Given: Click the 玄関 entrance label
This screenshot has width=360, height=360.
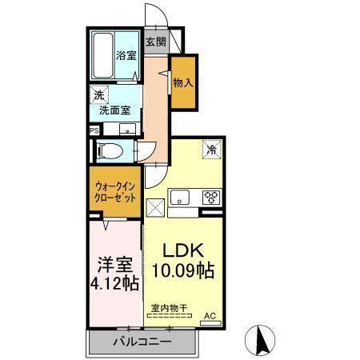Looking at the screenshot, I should point(155,42).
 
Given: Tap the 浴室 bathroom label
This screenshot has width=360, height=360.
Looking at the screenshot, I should point(126,56).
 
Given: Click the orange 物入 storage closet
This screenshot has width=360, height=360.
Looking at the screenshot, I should point(182,82).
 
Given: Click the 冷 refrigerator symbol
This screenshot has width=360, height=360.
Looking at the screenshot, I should point(212,150).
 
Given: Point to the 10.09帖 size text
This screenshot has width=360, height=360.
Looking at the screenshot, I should point(182,270).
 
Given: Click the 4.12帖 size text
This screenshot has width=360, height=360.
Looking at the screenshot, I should point(114,282).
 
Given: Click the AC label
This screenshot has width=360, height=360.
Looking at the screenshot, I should point(210,317).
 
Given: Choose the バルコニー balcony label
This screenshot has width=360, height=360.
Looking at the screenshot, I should point(142,342).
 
